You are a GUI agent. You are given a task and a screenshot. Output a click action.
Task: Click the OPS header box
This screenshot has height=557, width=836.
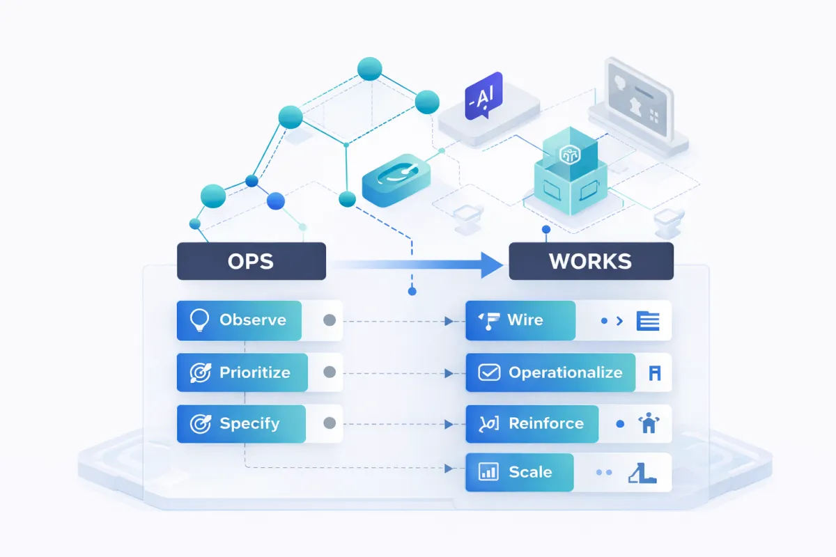pos(251,261)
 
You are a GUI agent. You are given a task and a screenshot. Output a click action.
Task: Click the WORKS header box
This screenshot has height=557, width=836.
pos(591,261)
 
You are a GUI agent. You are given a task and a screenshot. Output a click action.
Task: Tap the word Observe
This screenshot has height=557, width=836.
pos(253,320)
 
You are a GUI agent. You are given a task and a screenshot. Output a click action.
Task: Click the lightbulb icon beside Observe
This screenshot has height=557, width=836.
pos(200,320)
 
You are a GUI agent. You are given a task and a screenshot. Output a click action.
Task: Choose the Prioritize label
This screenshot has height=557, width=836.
pos(254,372)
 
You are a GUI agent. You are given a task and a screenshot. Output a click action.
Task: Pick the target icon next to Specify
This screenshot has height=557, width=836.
pos(200,423)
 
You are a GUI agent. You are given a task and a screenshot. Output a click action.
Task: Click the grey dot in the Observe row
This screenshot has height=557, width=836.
pos(330,320)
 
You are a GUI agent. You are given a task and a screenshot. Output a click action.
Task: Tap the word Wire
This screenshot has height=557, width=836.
pos(525,320)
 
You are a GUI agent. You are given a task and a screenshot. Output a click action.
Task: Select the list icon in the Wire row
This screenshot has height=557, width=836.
pos(648,321)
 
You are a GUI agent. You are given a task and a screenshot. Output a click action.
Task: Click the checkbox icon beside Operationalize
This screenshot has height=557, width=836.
pos(489,372)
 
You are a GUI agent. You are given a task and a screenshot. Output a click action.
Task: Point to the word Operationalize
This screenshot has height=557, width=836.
pos(565,372)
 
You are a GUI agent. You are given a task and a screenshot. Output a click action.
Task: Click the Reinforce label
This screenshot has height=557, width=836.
pos(545,423)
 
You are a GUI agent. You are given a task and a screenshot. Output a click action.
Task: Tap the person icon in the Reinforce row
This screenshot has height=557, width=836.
pos(648,423)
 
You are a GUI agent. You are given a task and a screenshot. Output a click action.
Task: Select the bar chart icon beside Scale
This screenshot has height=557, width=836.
pos(488,472)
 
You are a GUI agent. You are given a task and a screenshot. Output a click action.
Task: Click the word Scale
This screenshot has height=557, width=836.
pos(530,472)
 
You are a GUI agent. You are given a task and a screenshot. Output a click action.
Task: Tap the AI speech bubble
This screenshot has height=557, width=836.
pos(482,95)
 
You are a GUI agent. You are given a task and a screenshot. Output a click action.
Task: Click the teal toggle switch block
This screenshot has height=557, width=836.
pos(394,178)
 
